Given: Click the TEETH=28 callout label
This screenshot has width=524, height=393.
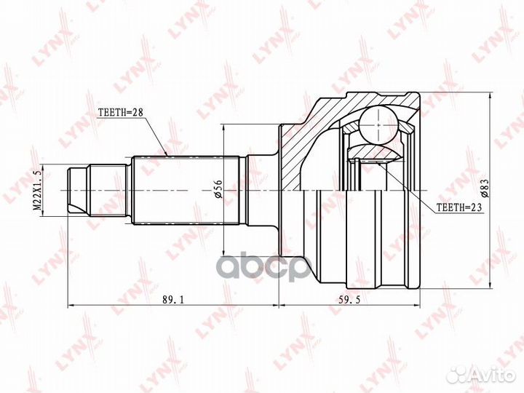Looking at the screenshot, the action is pyautogui.click(x=121, y=112).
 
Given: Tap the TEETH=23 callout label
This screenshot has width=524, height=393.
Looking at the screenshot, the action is pyautogui.click(x=459, y=207).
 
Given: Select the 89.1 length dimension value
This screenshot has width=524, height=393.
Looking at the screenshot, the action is pyautogui.click(x=173, y=300).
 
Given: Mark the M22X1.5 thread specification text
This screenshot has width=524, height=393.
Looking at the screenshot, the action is pyautogui.click(x=38, y=189).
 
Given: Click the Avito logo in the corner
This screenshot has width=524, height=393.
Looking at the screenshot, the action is pyautogui.click(x=483, y=375).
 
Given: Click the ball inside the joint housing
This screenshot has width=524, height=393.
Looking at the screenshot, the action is pyautogui.click(x=378, y=124).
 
